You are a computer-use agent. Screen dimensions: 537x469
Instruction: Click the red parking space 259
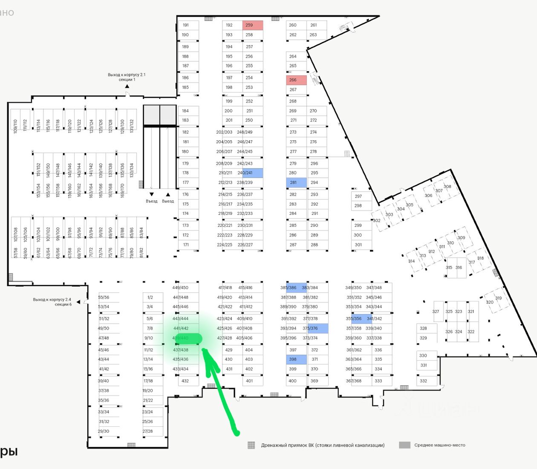click(253, 25)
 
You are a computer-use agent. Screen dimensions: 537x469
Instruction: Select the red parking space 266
click(296, 80)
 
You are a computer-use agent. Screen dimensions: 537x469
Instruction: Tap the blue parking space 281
click(296, 182)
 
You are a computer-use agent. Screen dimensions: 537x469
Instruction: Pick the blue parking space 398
click(296, 359)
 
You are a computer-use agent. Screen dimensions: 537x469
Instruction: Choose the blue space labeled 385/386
click(296, 288)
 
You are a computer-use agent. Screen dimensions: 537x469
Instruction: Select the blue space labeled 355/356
click(358, 318)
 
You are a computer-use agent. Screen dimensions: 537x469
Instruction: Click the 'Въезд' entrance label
click(151, 201)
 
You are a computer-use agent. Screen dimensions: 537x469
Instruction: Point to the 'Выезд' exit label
click(168, 201)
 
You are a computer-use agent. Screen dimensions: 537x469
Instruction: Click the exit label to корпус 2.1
click(127, 77)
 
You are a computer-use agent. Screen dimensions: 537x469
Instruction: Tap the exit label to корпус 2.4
click(52, 302)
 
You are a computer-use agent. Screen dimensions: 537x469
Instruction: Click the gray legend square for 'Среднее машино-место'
click(404, 445)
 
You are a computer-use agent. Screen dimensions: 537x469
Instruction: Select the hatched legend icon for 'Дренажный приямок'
click(251, 445)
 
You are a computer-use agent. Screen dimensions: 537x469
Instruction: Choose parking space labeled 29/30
click(104, 431)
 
